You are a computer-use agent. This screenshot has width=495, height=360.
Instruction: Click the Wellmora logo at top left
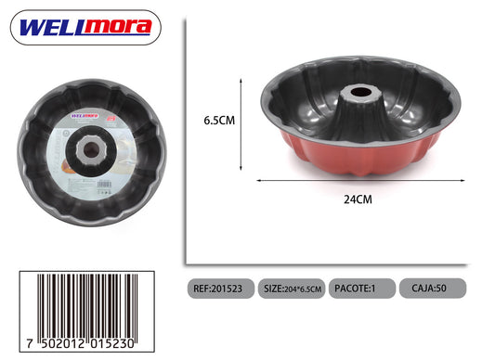(x=85, y=28)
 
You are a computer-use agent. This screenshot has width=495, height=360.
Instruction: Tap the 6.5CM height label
(x=219, y=121)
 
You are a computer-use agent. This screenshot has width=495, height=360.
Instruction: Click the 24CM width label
(x=358, y=199)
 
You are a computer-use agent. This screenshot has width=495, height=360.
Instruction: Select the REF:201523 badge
(x=221, y=289)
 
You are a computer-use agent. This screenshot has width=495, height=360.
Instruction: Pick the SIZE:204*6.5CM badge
(x=292, y=289)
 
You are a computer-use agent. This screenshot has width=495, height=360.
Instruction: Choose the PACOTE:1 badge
(x=362, y=288)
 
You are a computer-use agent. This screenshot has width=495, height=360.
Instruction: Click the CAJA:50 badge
(x=433, y=288)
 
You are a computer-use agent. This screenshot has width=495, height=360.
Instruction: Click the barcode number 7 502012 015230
(x=81, y=343)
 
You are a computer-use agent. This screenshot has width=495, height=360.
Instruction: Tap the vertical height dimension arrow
(x=241, y=124)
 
